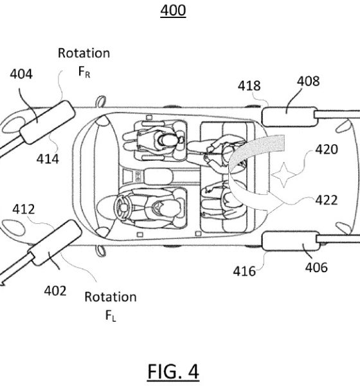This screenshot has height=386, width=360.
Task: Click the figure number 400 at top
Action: (173, 10)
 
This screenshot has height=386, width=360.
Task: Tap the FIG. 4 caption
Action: (173, 371)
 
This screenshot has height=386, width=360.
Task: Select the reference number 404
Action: (21, 74)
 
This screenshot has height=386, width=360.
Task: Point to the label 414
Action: (48, 159)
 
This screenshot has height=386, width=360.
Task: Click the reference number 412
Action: (24, 209)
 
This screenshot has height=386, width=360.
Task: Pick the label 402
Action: (55, 291)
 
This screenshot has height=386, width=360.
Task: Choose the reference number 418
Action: (249, 86)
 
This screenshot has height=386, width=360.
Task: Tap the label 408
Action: (309, 81)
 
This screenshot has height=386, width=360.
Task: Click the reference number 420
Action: (327, 149)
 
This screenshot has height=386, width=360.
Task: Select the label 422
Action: (327, 200)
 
